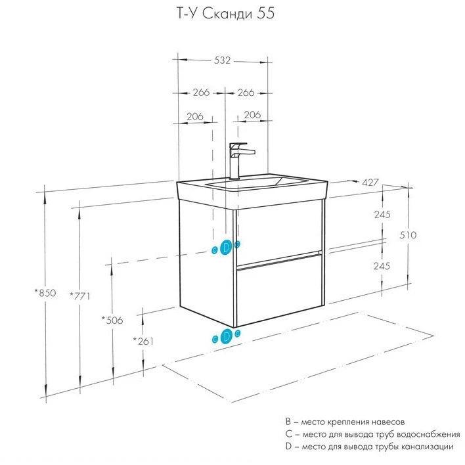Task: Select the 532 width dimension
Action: point(223,60)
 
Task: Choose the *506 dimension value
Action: point(112,320)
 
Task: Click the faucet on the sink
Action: point(237,158)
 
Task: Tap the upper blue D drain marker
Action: point(226,248)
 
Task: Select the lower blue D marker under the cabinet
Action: point(226,336)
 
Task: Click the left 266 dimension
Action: point(201,93)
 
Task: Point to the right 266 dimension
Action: point(246,93)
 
